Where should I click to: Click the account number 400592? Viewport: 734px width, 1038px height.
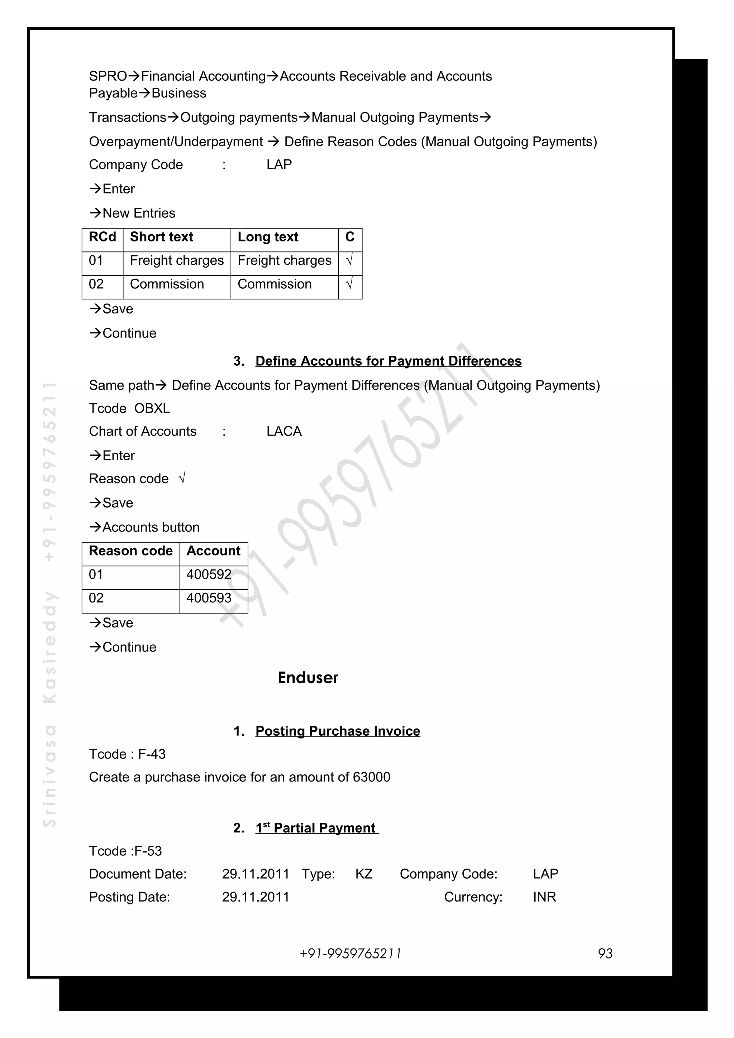(x=209, y=575)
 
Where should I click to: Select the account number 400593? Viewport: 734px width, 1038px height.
(x=209, y=598)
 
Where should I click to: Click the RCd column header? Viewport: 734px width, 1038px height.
(x=102, y=237)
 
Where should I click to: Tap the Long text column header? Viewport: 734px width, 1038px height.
(x=268, y=237)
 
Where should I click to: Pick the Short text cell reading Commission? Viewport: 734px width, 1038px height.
(x=167, y=284)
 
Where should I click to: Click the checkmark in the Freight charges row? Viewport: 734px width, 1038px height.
(x=349, y=260)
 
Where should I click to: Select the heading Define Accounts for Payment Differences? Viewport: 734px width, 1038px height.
(x=388, y=361)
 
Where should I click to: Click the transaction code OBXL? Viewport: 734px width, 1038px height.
(x=152, y=408)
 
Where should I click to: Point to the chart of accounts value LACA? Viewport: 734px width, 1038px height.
(x=283, y=431)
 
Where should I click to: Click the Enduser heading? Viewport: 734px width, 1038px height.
(x=308, y=678)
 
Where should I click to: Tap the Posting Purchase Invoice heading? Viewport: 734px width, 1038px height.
(x=337, y=731)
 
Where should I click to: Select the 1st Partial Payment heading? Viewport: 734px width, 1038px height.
(x=316, y=828)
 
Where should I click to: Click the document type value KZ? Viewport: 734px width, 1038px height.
(x=364, y=874)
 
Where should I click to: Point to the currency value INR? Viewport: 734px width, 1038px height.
(x=544, y=897)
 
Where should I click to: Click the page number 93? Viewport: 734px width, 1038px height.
(x=605, y=953)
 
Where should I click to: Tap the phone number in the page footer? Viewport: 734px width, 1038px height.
(x=351, y=953)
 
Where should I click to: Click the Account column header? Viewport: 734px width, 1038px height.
(x=214, y=551)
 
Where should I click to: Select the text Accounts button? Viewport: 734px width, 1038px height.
(x=151, y=527)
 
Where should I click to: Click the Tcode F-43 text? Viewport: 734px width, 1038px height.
(x=127, y=754)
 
